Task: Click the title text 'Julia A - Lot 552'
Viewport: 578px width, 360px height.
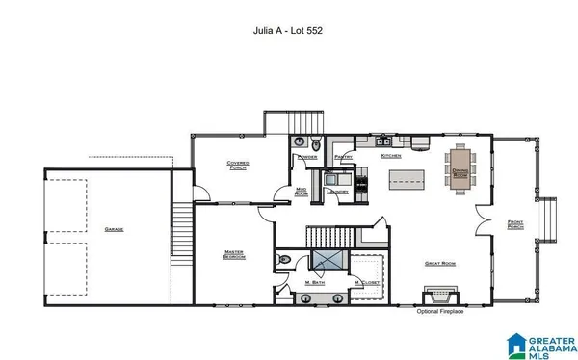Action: pyautogui.click(x=288, y=30)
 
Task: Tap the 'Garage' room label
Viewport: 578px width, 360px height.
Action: pyautogui.click(x=114, y=229)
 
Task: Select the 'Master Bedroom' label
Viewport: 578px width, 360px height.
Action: pyautogui.click(x=234, y=254)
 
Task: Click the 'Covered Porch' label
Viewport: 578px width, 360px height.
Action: pyautogui.click(x=238, y=165)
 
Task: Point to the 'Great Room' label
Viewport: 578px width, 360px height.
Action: pyautogui.click(x=438, y=263)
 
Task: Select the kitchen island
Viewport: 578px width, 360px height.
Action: pyautogui.click(x=407, y=179)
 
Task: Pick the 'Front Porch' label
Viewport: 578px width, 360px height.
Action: pyautogui.click(x=514, y=225)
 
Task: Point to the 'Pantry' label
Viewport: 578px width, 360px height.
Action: pyautogui.click(x=343, y=156)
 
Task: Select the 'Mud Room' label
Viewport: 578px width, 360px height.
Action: pyautogui.click(x=301, y=191)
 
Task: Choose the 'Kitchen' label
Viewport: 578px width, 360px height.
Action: pyautogui.click(x=390, y=156)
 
